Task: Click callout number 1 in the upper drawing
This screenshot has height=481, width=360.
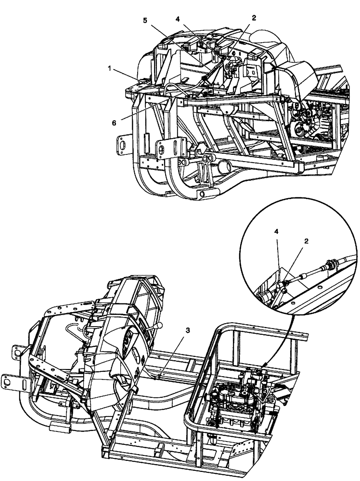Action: pos(111,69)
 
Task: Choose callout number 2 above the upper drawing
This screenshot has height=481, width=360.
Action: pos(254,18)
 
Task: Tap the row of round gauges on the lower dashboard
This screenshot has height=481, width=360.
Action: pos(127,342)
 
